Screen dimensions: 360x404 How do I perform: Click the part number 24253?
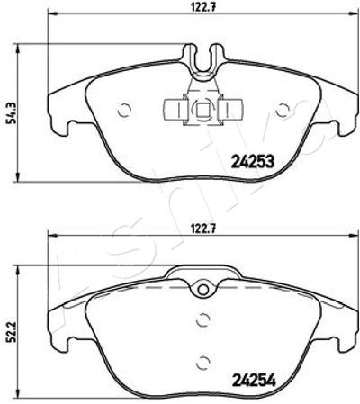(x=253, y=162)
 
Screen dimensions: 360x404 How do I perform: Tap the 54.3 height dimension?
(x=10, y=112)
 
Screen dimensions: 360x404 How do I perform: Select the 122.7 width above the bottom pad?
(x=203, y=229)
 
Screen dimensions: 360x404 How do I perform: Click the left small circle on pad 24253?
(x=124, y=111)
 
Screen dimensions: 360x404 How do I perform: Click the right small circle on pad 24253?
(x=283, y=111)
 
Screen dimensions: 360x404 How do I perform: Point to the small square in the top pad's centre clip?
(x=203, y=110)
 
